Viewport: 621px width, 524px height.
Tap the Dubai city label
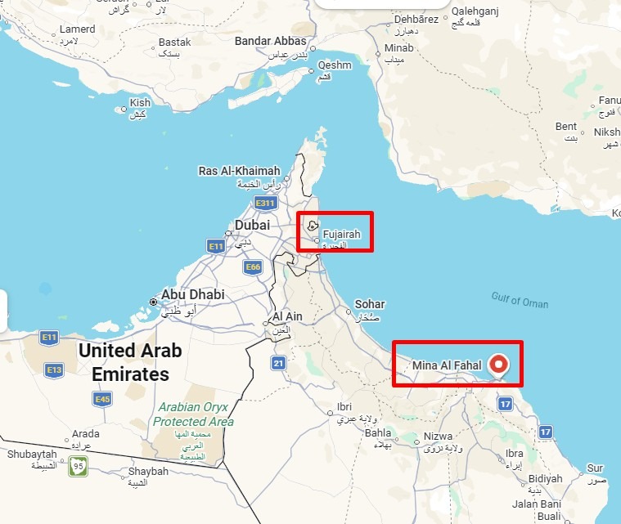(252, 225)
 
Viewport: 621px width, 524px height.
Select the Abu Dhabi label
(192, 294)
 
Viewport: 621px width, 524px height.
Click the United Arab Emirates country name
(130, 362)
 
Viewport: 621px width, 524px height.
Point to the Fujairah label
(342, 234)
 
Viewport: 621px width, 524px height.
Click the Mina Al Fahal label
(446, 365)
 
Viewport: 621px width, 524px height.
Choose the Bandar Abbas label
(271, 41)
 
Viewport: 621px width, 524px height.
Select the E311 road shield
(265, 203)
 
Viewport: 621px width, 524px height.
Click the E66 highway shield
(252, 266)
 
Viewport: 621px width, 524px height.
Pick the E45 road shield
(102, 399)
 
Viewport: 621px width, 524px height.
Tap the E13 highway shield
(54, 370)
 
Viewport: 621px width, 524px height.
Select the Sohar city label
(369, 305)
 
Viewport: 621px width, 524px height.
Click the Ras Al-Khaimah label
(239, 171)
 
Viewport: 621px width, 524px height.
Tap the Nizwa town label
(438, 437)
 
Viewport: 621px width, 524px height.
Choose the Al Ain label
(288, 316)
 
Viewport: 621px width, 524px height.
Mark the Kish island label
(141, 103)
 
